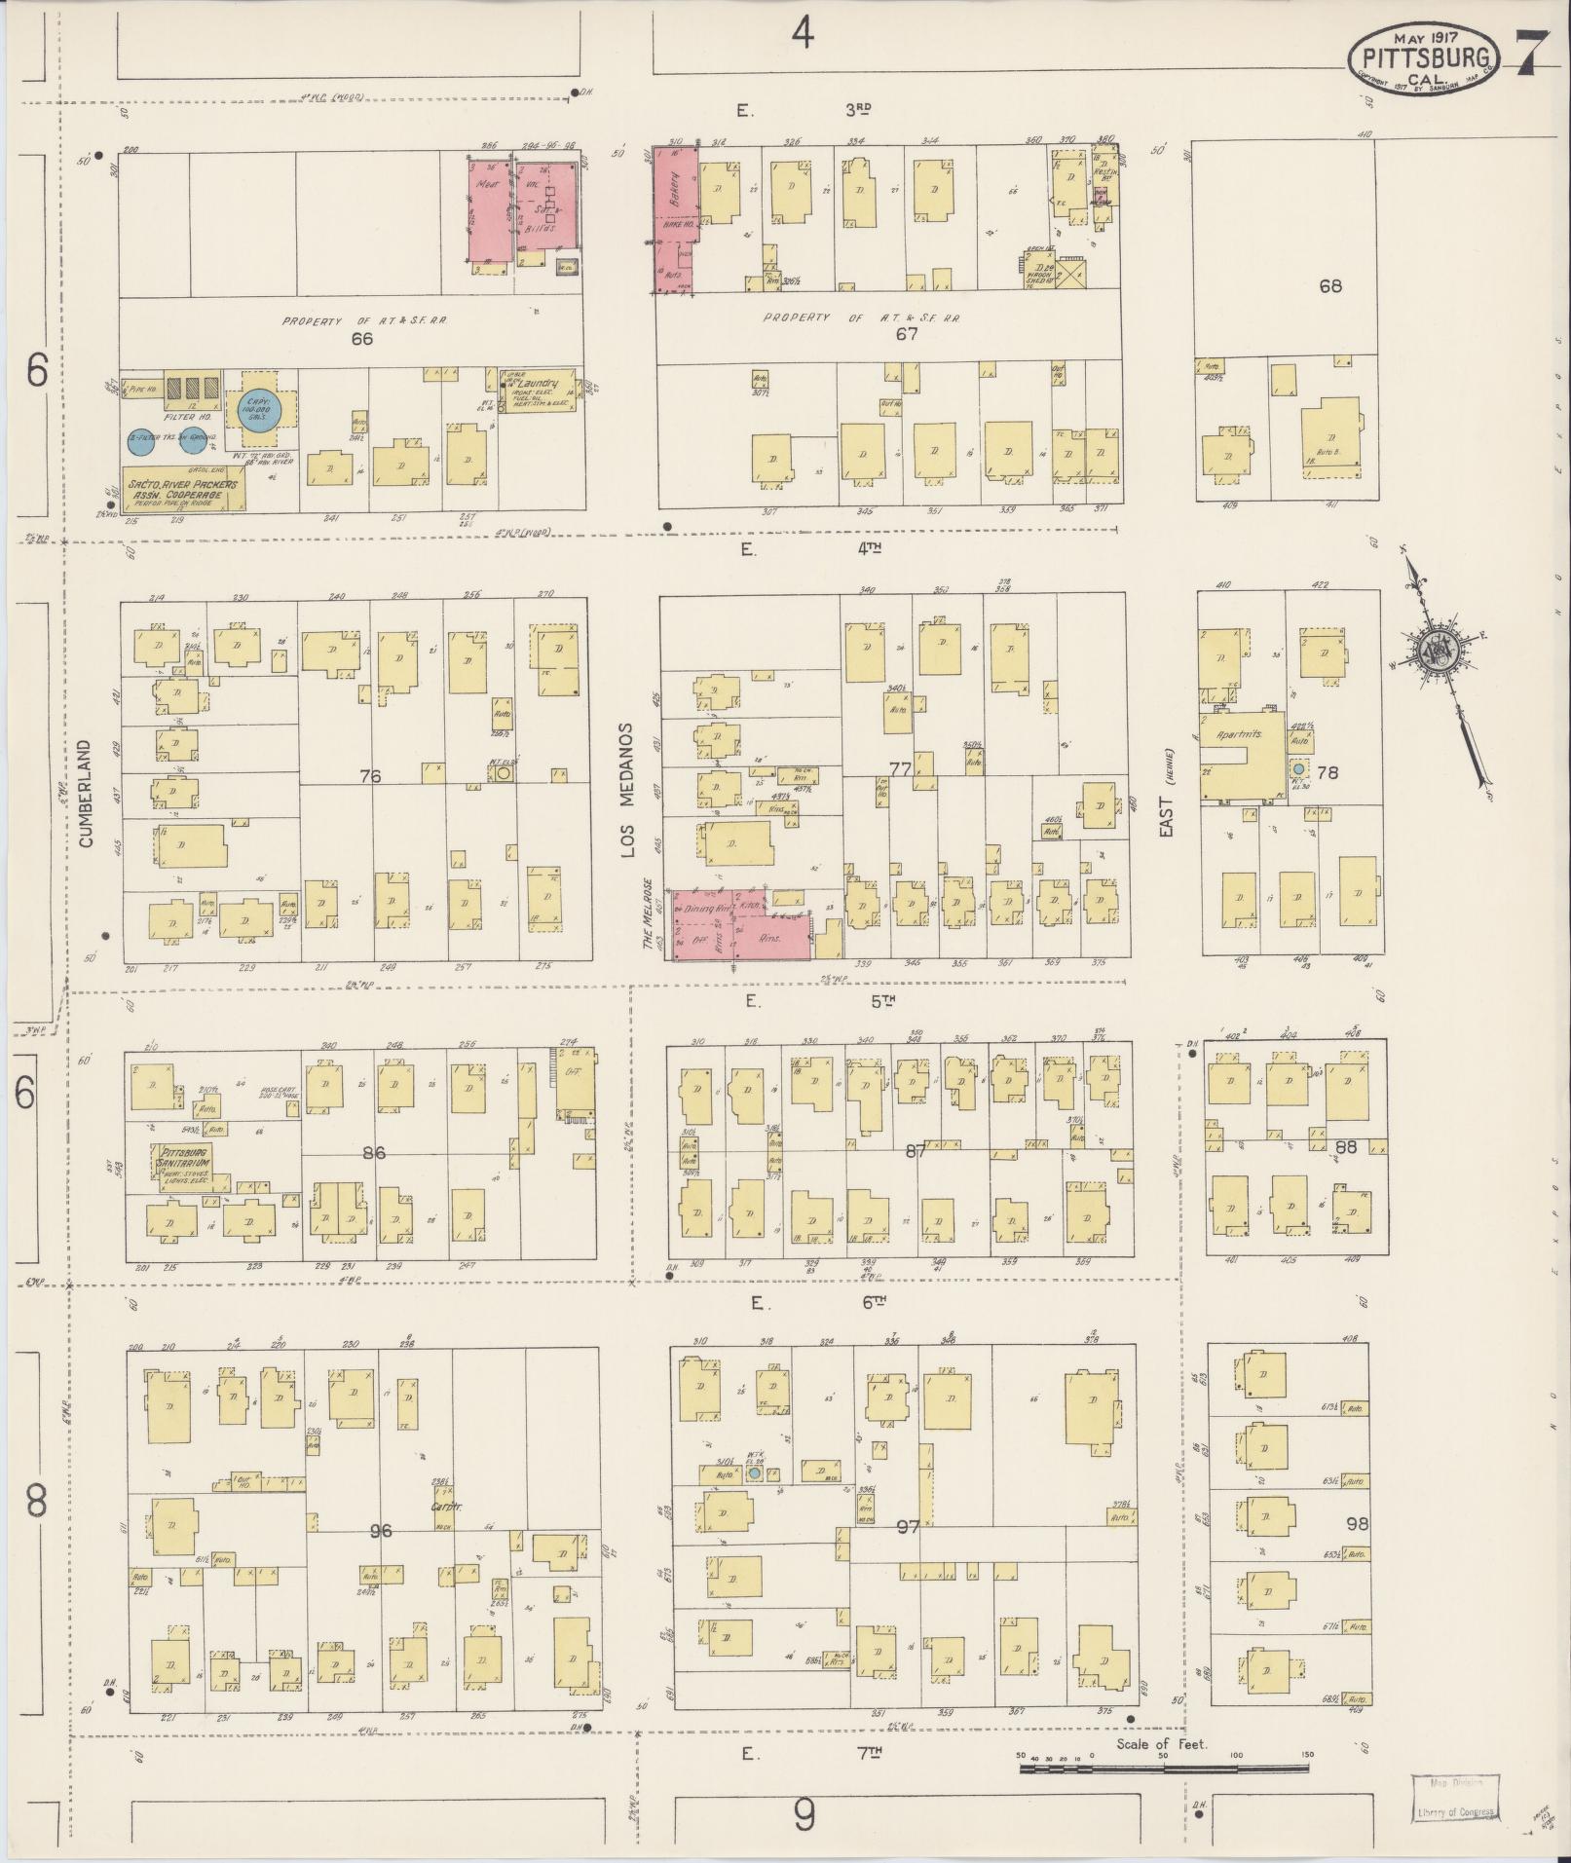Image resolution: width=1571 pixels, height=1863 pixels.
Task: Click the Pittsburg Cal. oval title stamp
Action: point(1423,59)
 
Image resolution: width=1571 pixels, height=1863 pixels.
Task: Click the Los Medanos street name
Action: point(628,790)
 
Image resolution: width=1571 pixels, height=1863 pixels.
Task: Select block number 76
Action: point(369,776)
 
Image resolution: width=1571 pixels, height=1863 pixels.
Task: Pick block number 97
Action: point(907,1526)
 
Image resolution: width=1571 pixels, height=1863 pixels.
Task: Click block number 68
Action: point(1329,285)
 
